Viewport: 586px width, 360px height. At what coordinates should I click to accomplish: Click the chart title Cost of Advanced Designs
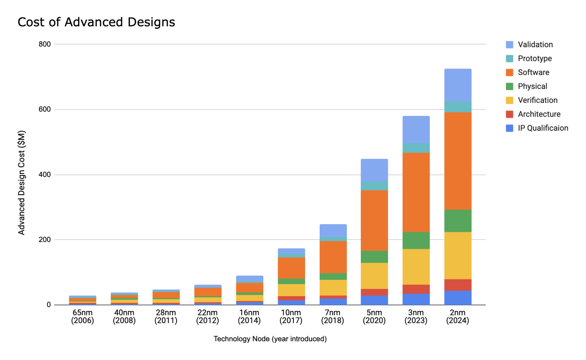click(96, 22)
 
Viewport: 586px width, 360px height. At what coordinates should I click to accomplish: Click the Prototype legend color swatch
click(509, 59)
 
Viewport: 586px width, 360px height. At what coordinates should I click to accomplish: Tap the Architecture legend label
click(539, 114)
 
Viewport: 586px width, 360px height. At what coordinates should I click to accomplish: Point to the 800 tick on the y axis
click(45, 44)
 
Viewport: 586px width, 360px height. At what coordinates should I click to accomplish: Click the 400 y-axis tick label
click(45, 175)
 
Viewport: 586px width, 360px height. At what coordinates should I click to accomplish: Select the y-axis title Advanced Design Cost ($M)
click(22, 182)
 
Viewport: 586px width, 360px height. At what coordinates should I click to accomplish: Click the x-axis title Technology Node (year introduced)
click(270, 339)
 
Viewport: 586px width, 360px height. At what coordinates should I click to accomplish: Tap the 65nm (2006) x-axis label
click(82, 317)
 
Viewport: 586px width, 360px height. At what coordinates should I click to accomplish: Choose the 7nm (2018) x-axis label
click(333, 317)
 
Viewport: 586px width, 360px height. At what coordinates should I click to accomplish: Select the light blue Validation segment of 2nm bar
click(458, 85)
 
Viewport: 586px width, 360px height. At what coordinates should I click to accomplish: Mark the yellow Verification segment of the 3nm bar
click(416, 267)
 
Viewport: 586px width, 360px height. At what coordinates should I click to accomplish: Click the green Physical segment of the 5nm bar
click(374, 257)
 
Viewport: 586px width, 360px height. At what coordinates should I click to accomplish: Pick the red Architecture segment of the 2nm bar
click(458, 285)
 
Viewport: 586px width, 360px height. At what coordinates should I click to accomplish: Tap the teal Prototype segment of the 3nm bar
click(416, 148)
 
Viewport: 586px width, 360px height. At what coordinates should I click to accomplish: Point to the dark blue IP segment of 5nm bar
click(374, 300)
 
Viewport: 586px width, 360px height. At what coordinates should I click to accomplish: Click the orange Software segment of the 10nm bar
click(291, 268)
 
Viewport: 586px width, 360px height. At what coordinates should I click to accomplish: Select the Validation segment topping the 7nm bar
click(333, 231)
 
